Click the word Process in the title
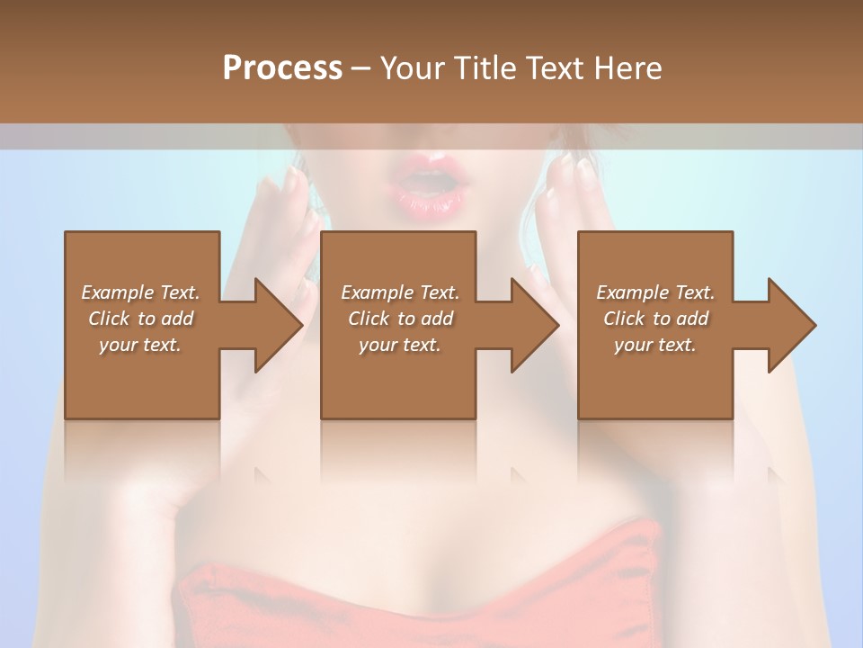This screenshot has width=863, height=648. click(282, 68)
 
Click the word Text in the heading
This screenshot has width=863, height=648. click(554, 68)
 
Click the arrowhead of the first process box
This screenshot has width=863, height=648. click(277, 325)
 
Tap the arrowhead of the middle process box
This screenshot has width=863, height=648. click(533, 325)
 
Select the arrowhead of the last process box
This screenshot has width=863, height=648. click(790, 325)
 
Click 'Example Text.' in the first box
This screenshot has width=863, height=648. click(140, 292)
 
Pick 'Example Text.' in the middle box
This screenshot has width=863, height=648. click(400, 292)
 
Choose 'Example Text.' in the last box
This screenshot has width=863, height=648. click(655, 292)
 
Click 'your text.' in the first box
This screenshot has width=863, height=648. click(140, 345)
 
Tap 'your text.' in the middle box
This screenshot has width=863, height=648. click(400, 345)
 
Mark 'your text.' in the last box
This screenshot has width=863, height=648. click(655, 345)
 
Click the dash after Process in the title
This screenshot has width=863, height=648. click(361, 69)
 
